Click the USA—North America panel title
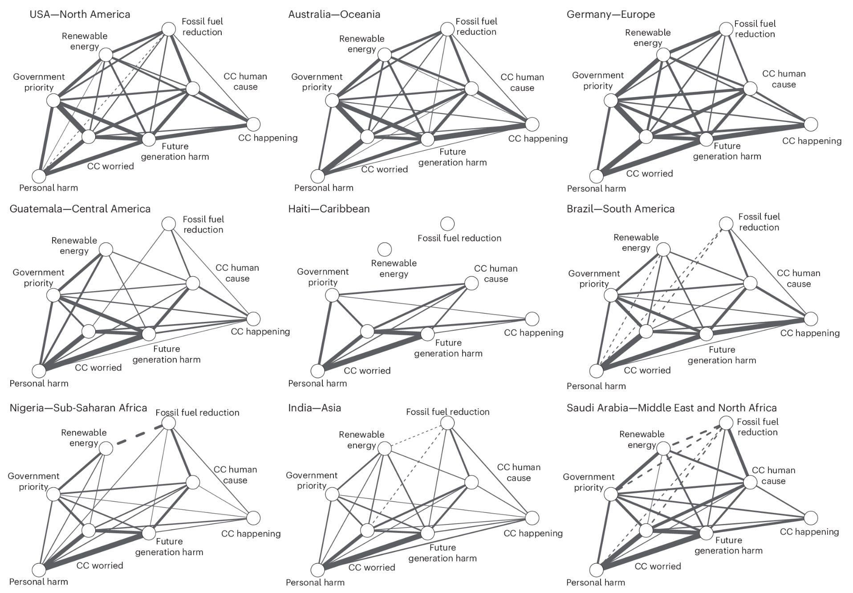pos(80,14)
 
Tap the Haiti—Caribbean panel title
pos(329,209)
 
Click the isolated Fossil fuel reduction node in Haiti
pos(447,223)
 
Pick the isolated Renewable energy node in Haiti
pos(384,249)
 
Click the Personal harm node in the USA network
pos(39,176)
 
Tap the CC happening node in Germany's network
pos(811,125)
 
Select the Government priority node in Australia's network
pos(332,101)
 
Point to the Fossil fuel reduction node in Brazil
pos(726,224)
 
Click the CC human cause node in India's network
pos(471,482)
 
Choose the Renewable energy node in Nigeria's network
pos(106,448)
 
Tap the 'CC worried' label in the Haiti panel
pos(367,370)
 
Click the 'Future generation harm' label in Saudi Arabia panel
pos(728,545)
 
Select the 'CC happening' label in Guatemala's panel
pos(260,332)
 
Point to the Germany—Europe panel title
pos(610,14)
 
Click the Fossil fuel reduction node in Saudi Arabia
pos(726,423)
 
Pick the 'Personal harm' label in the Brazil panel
pos(596,386)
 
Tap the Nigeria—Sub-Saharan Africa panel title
pos(78,408)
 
